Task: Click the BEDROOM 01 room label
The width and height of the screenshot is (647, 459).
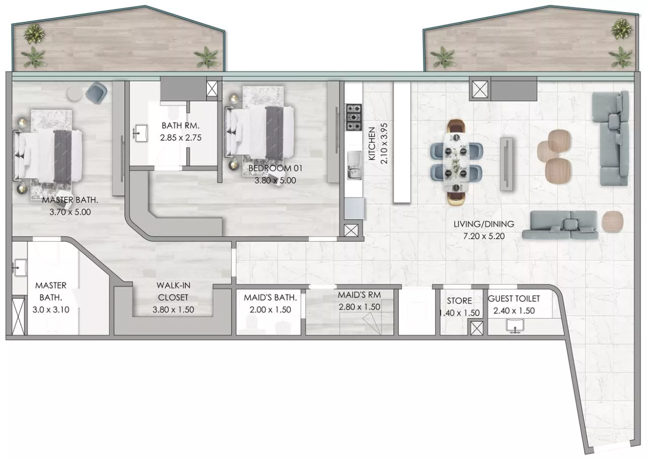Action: click(275, 168)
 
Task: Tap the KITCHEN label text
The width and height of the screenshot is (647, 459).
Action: click(372, 143)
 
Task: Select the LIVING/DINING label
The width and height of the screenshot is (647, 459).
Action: click(484, 224)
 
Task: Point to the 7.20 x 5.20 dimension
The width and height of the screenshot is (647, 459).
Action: click(484, 236)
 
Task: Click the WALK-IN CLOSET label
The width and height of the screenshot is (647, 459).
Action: click(173, 291)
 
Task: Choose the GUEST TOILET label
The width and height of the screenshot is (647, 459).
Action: click(514, 299)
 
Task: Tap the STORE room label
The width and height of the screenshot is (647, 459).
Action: click(459, 301)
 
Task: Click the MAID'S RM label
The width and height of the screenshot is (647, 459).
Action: click(360, 295)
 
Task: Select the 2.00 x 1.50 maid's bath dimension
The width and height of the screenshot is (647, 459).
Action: click(270, 309)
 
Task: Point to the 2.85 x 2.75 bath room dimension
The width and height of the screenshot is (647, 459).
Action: click(181, 138)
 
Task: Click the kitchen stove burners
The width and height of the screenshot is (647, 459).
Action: click(354, 117)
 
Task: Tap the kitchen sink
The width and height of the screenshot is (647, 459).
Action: click(354, 165)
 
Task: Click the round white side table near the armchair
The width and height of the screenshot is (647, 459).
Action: click(75, 93)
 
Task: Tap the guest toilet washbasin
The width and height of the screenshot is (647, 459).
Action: click(515, 325)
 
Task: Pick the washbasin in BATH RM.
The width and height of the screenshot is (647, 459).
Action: click(141, 134)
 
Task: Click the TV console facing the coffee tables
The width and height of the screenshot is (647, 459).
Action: click(506, 164)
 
